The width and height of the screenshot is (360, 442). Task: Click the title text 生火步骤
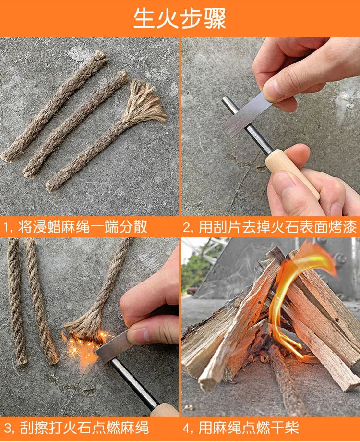(180, 18)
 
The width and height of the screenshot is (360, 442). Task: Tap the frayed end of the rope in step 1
(146, 101)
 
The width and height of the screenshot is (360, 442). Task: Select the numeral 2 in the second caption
(187, 227)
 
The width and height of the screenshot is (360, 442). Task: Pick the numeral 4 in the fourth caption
(187, 428)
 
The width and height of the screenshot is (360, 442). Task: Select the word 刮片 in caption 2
(218, 227)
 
